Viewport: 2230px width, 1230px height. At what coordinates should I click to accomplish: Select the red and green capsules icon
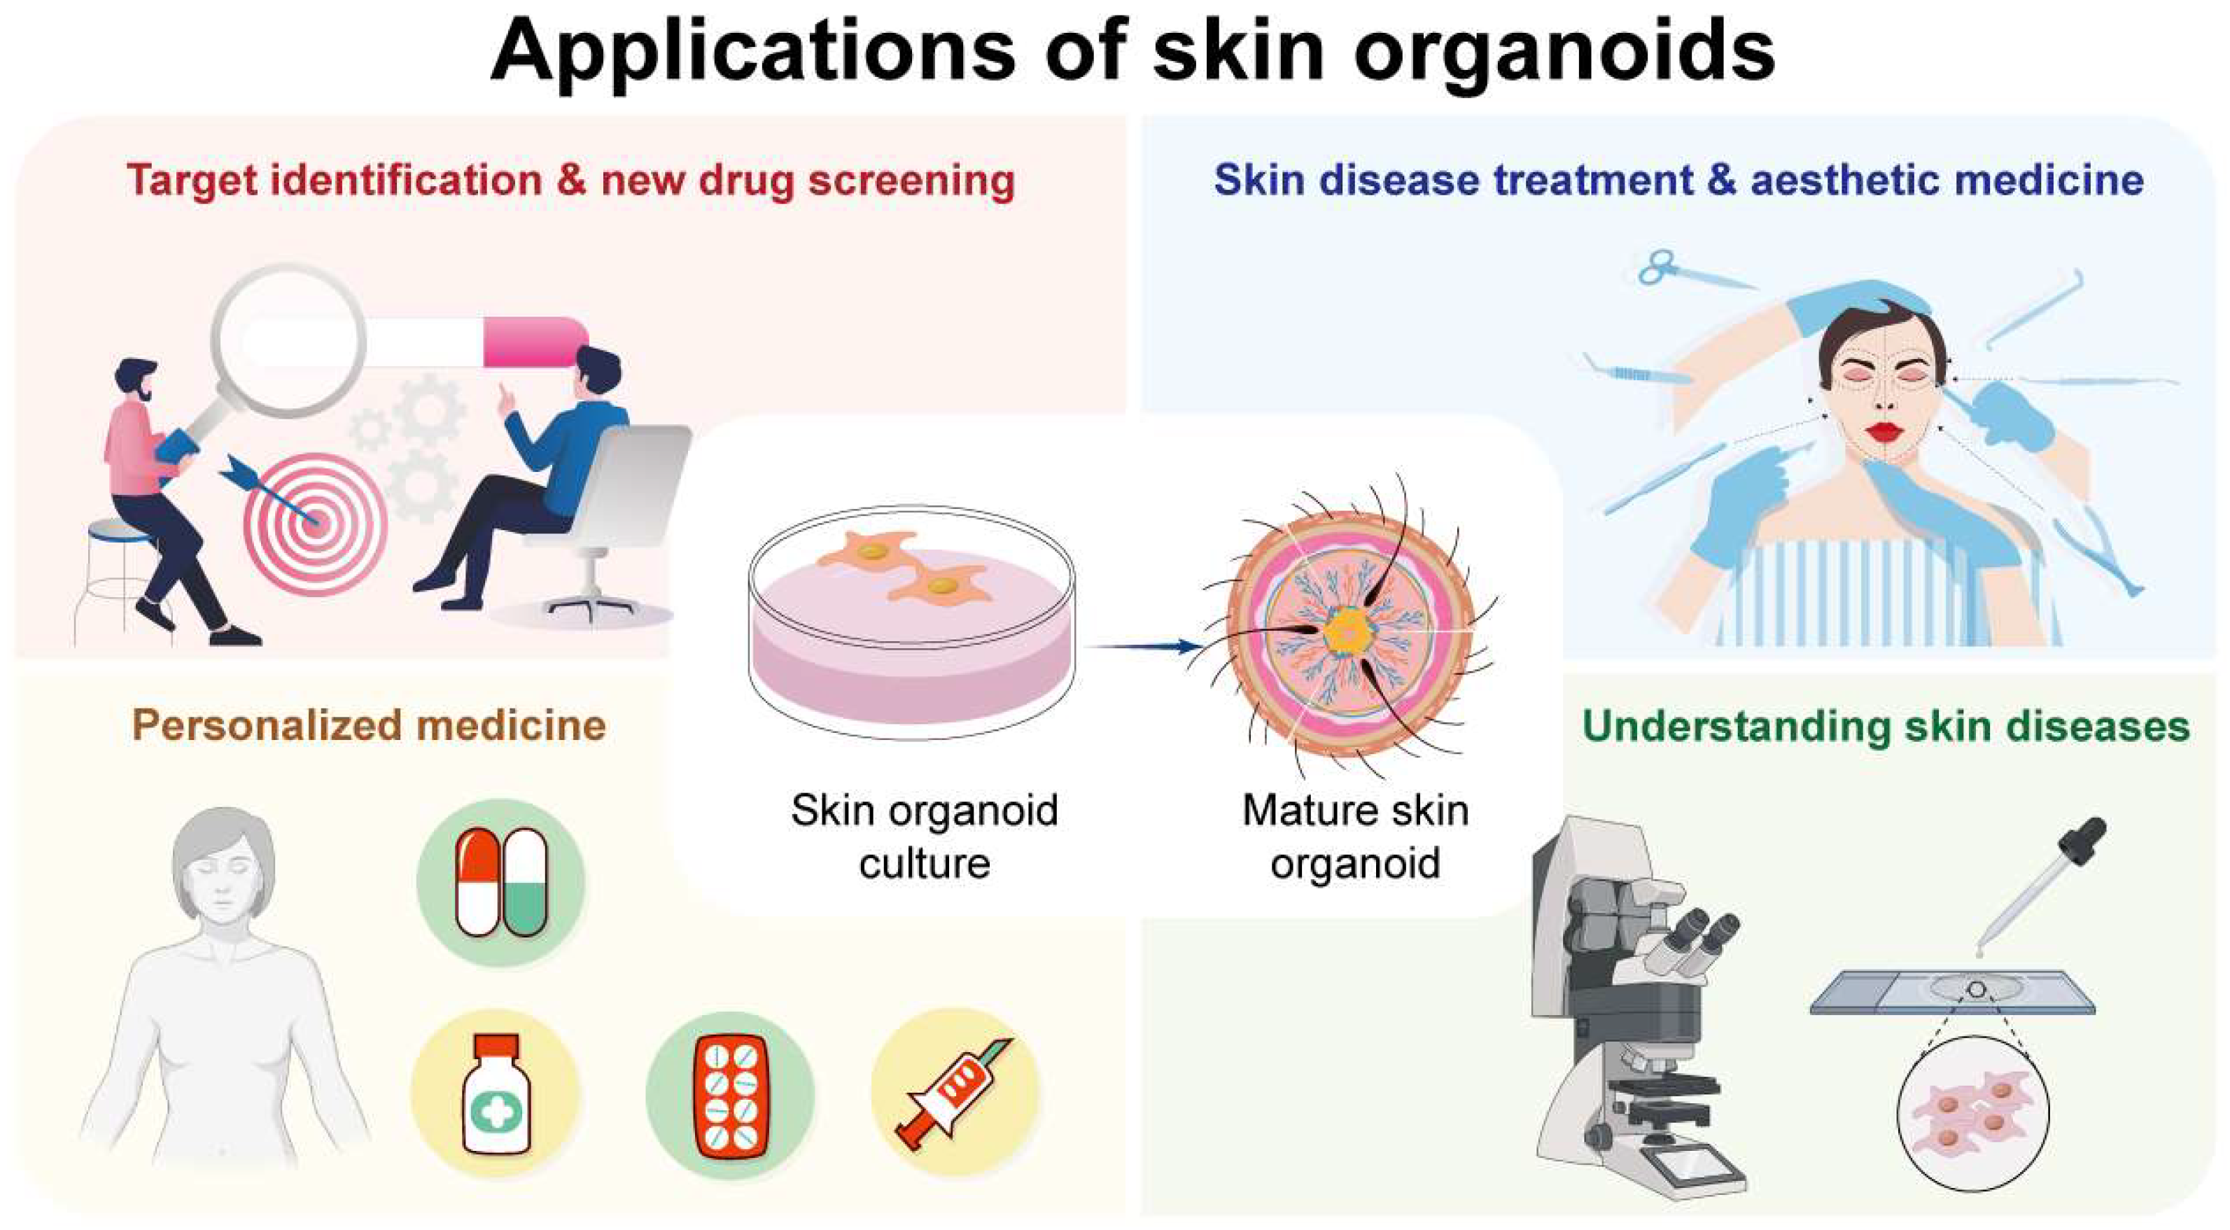(x=501, y=882)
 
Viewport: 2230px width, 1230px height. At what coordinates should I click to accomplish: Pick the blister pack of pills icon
(x=730, y=1094)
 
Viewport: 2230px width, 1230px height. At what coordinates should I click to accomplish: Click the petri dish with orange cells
(x=911, y=623)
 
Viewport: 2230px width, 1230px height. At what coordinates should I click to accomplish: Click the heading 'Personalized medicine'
(x=369, y=725)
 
